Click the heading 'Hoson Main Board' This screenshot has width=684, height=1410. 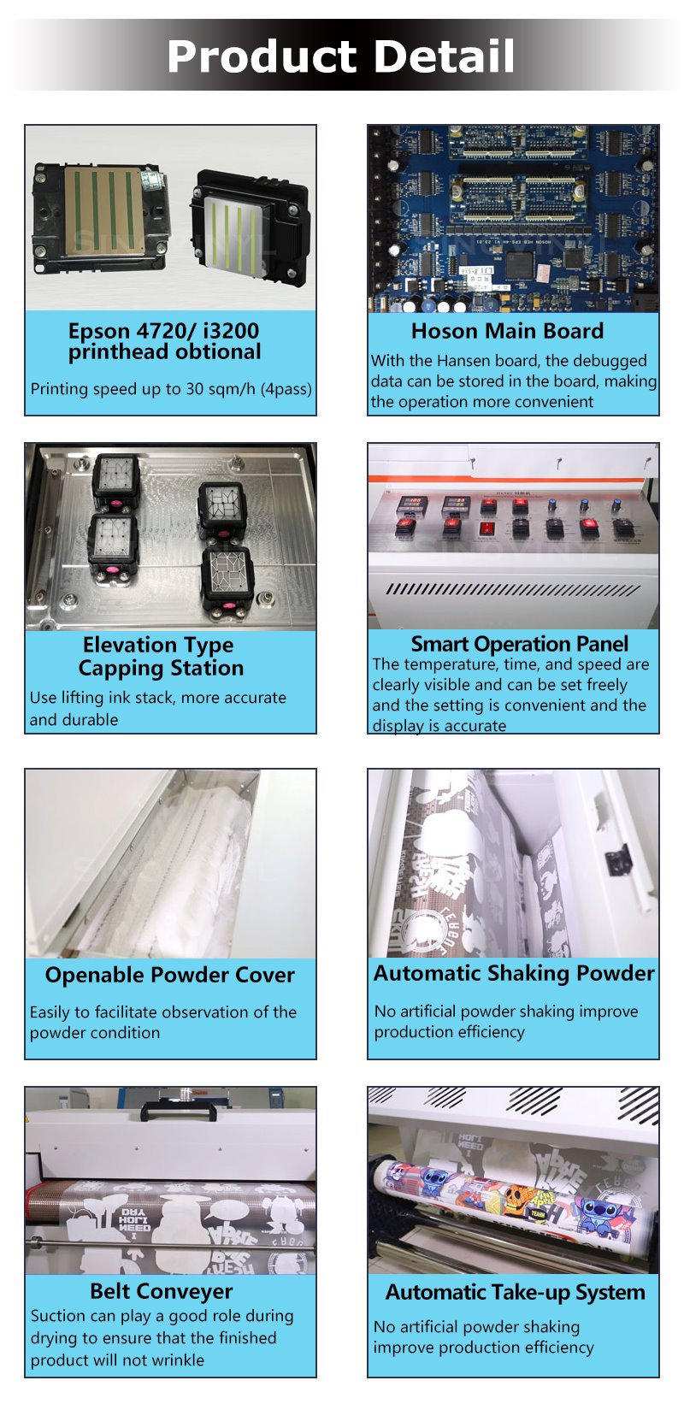click(x=507, y=331)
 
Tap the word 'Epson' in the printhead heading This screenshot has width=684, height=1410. click(x=98, y=331)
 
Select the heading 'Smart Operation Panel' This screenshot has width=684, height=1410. click(x=519, y=644)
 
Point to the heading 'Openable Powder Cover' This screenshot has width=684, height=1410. click(x=170, y=975)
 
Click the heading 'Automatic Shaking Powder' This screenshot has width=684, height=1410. click(x=514, y=973)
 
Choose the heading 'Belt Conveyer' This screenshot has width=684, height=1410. click(x=161, y=1291)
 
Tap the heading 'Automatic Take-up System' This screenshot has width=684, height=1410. click(x=516, y=1292)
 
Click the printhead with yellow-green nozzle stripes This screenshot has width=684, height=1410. click(x=251, y=226)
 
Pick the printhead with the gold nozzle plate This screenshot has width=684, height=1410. click(x=101, y=211)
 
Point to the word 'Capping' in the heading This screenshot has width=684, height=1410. click(x=115, y=669)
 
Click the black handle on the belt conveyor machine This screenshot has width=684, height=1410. click(x=180, y=1111)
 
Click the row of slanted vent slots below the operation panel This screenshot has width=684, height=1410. click(x=513, y=590)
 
